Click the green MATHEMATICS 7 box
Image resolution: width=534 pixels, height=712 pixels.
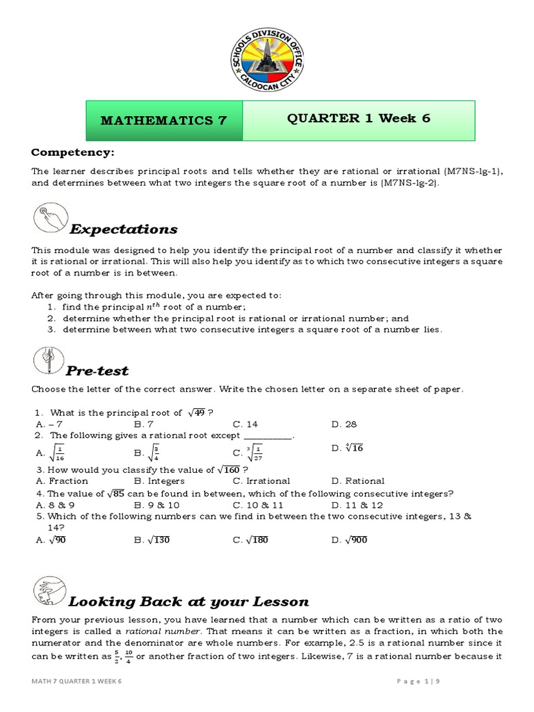click(164, 120)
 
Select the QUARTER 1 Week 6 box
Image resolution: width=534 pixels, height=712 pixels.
click(359, 118)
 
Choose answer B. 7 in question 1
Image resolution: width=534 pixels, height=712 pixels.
click(143, 423)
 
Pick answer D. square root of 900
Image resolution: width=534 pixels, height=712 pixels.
click(349, 540)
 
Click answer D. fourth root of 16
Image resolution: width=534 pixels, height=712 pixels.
click(348, 448)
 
